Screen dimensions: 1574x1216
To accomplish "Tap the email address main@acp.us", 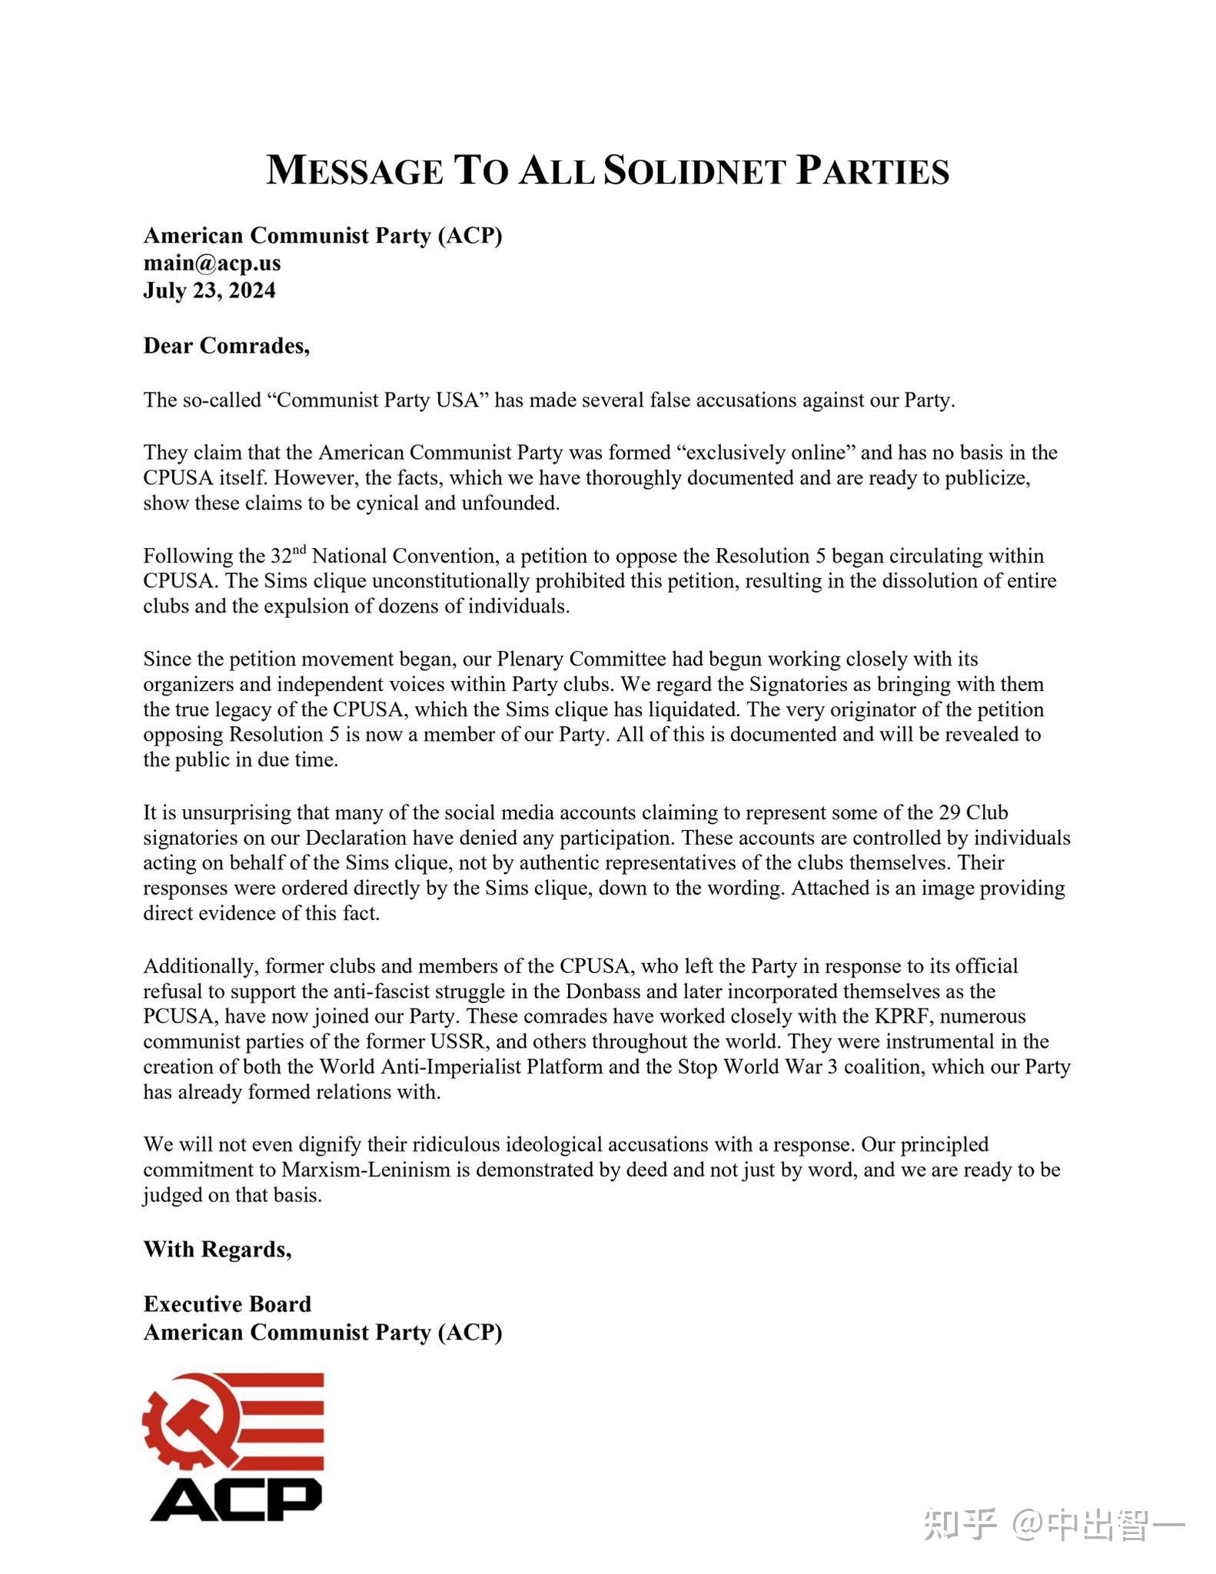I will click(212, 263).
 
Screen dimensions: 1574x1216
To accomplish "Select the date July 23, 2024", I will click(209, 291).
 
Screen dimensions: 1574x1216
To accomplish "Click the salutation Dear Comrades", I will click(226, 346).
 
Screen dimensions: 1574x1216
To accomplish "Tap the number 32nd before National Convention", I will click(288, 554).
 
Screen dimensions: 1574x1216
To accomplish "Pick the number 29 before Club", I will click(948, 812).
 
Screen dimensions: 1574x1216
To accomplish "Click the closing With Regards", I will click(218, 1249).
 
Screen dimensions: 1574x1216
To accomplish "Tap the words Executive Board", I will click(228, 1304).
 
